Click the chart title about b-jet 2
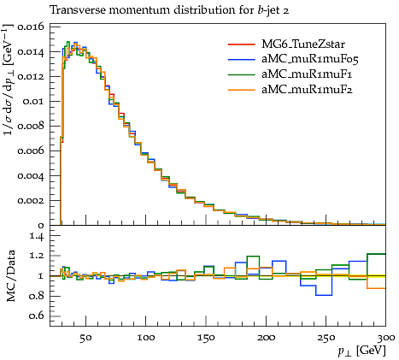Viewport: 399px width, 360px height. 169,10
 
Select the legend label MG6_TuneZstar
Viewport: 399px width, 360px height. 303,44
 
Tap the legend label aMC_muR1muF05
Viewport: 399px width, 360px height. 310,59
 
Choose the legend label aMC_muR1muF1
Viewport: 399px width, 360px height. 307,74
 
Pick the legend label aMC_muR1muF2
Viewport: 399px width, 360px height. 307,90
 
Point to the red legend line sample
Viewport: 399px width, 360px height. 241,44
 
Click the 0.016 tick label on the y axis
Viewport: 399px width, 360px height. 31,27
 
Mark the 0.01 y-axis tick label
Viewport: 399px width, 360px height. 33,102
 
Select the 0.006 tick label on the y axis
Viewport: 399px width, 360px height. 31,151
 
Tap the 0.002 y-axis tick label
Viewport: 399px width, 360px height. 31,201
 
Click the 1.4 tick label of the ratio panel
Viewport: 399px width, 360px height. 37,236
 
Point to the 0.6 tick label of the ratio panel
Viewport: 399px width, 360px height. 37,316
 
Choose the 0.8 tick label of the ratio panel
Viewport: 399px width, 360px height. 37,296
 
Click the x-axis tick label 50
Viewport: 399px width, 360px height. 85,338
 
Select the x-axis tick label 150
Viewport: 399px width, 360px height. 206,338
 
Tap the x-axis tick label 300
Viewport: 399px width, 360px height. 386,338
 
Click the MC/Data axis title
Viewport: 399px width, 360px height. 11,275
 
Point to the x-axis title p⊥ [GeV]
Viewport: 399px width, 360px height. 361,351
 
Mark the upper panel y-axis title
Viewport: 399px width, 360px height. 9,80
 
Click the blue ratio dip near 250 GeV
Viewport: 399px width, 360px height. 324,295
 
